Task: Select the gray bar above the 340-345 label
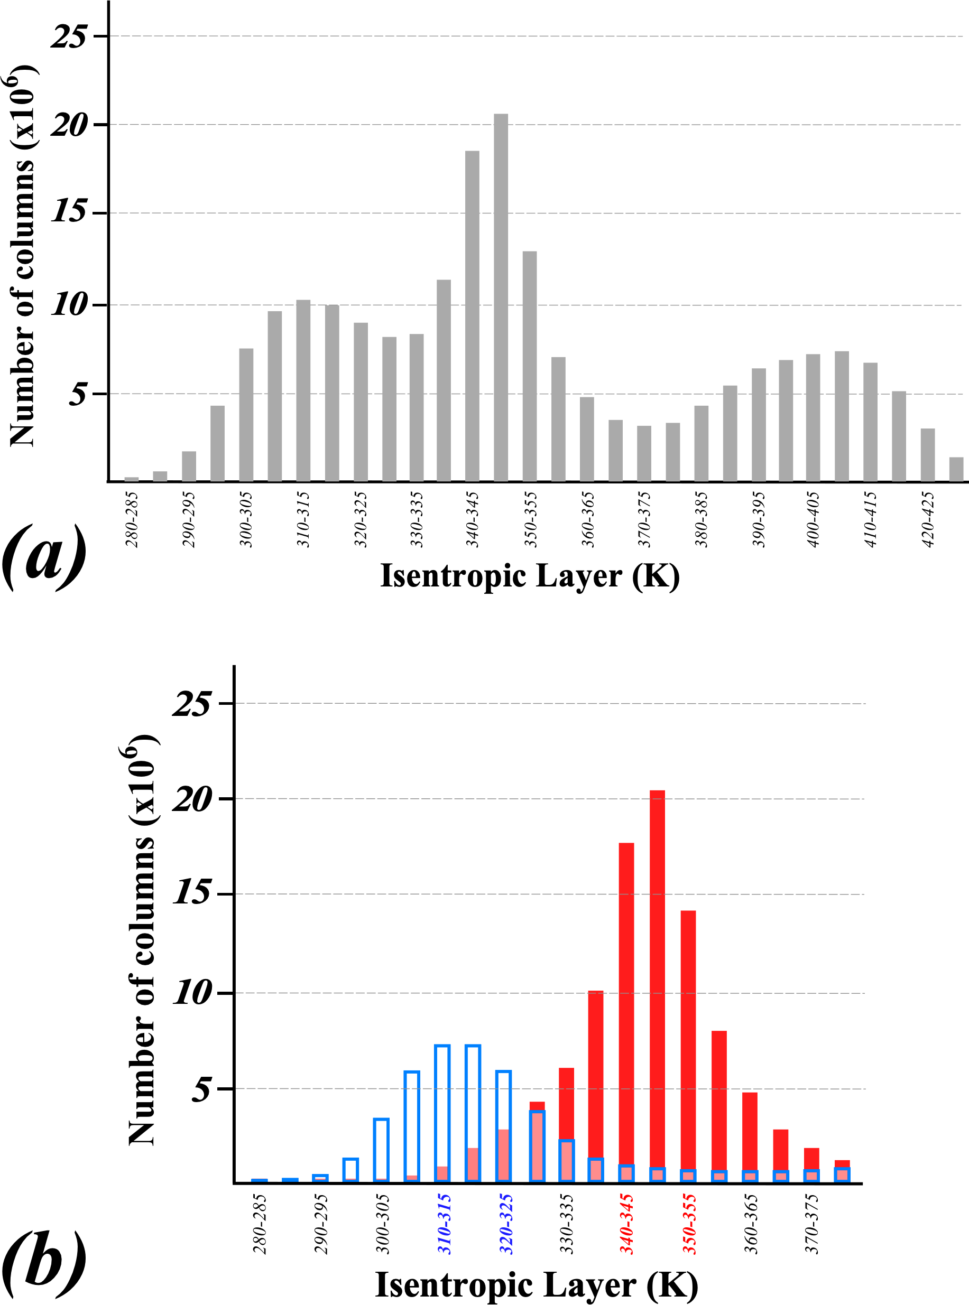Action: [472, 316]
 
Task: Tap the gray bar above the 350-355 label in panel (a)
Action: [530, 367]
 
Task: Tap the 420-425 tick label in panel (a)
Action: [928, 519]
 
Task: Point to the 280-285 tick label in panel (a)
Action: [132, 519]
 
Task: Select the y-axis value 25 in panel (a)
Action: [69, 36]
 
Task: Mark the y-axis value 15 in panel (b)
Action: [191, 893]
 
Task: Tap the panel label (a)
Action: [44, 557]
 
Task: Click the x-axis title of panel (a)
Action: [530, 576]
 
